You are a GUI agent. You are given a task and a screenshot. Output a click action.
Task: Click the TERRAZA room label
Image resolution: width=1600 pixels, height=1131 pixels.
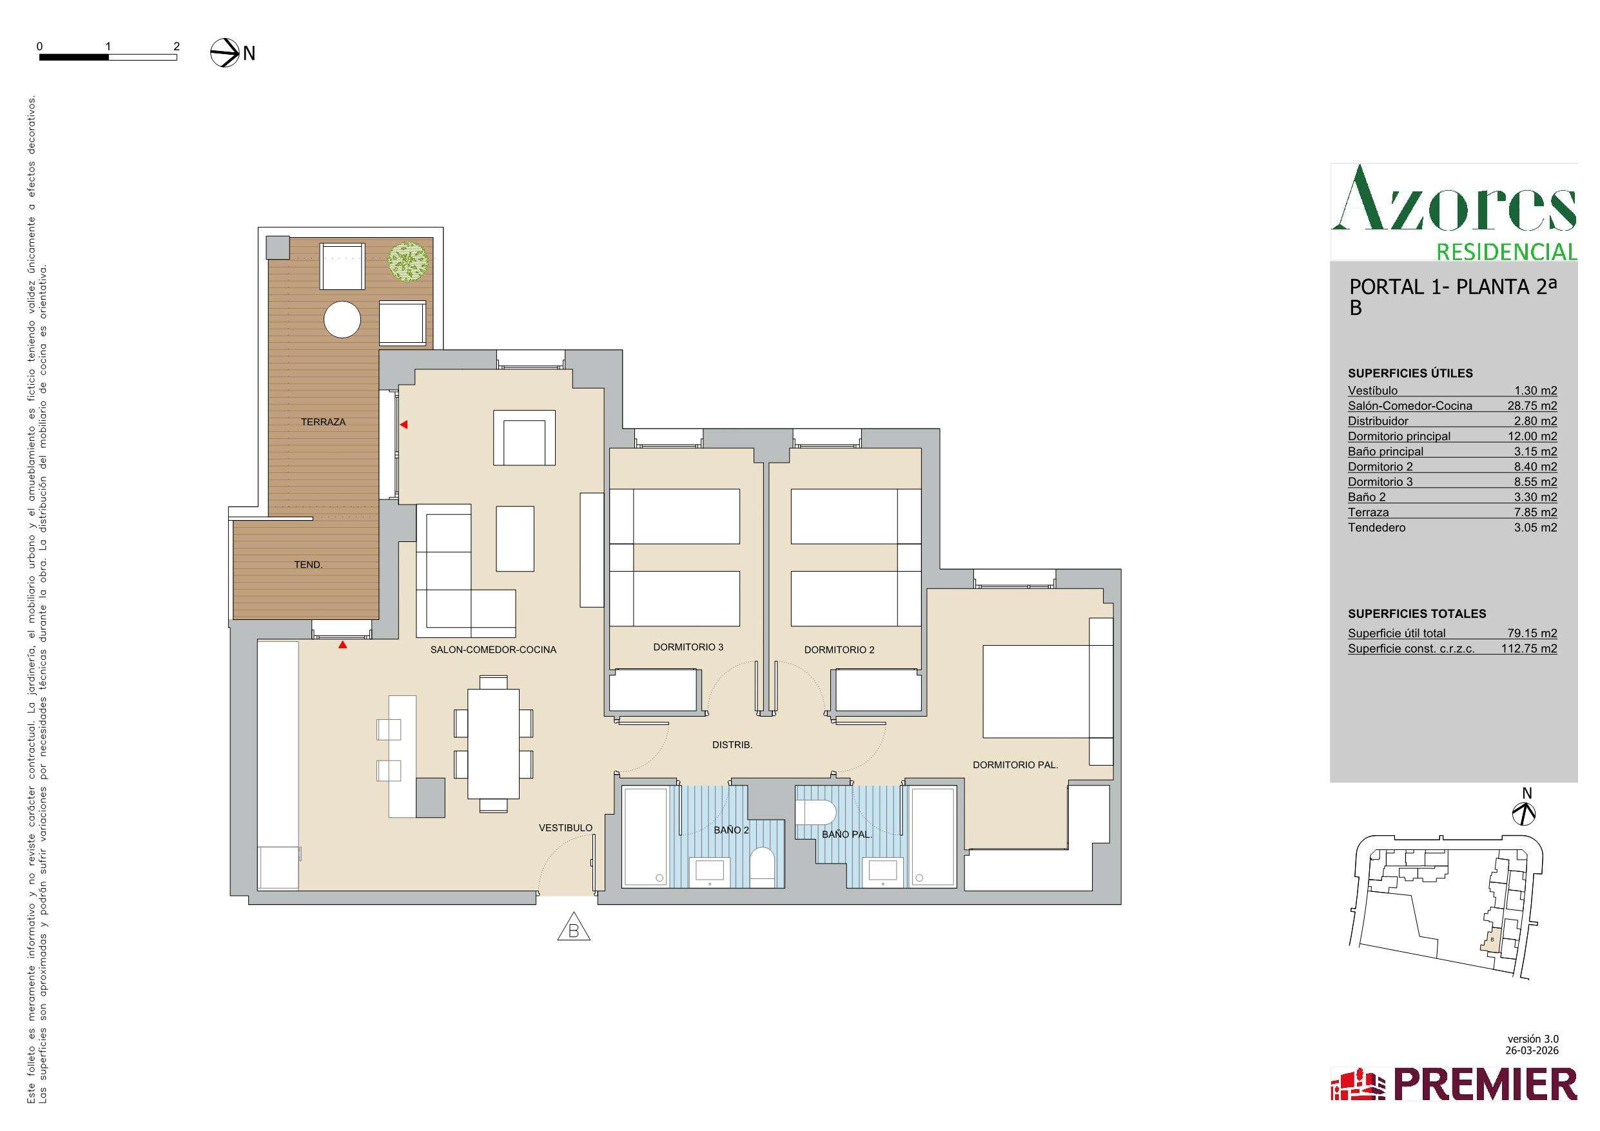click(323, 421)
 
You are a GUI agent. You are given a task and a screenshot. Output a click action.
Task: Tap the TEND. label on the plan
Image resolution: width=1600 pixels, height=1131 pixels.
click(308, 565)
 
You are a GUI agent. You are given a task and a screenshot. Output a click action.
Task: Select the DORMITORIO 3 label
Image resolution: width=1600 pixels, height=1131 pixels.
click(688, 646)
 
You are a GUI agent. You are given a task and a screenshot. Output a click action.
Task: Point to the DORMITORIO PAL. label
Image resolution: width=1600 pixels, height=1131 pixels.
click(1015, 764)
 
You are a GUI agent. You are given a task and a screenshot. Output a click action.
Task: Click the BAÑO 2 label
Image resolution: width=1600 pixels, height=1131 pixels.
click(731, 830)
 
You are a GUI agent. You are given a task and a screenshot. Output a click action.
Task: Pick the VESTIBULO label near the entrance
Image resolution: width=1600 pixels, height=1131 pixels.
click(565, 828)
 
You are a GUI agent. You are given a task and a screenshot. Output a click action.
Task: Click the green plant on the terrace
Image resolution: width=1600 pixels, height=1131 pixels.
click(407, 261)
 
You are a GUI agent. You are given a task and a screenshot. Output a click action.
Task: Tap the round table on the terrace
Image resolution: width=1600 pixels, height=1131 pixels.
click(342, 320)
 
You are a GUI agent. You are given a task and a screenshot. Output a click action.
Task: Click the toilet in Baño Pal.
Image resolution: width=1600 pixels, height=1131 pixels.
click(815, 812)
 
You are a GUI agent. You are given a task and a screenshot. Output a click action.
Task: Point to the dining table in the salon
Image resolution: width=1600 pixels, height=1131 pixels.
click(493, 743)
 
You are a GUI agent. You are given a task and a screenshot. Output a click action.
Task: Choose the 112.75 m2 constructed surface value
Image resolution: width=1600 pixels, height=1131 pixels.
click(1529, 648)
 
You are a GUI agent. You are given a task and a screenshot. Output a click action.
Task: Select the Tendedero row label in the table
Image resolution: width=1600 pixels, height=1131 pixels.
click(1376, 528)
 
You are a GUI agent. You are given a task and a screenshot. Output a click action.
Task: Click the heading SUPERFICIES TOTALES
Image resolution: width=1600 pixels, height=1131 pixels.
click(1417, 614)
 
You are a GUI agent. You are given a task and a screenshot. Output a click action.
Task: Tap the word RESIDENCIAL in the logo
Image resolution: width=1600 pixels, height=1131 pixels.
click(1507, 251)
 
